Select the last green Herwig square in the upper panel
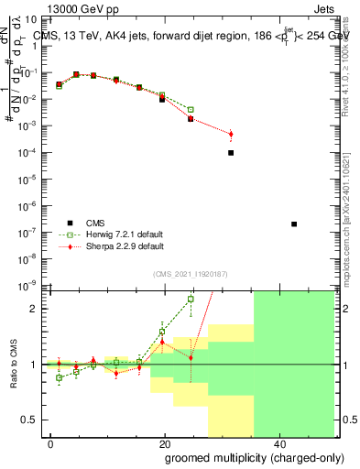click(x=191, y=110)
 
